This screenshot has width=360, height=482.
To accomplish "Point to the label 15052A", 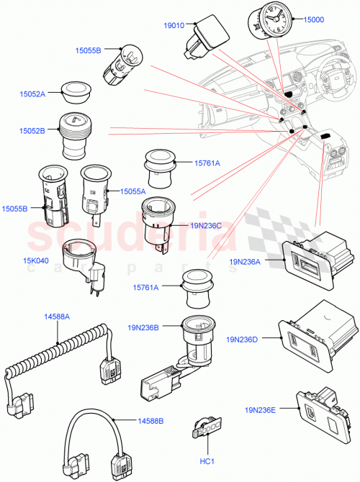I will pos(32,94).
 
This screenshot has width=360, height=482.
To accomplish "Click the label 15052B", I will pos(32,131).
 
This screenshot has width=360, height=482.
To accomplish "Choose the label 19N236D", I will pos(245,339).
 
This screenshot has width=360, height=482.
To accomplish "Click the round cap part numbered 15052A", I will pos(74,88).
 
